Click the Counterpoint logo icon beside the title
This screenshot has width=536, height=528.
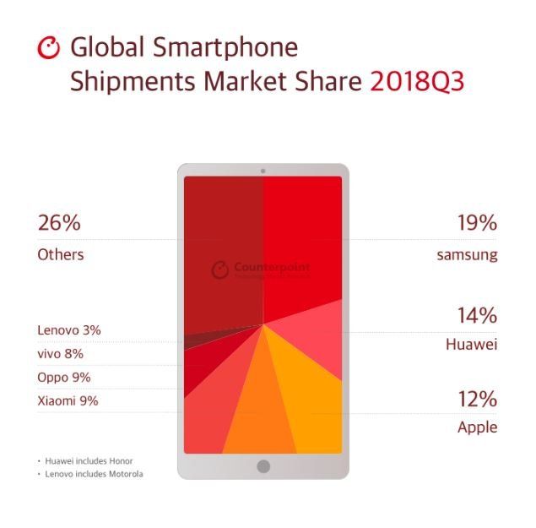(50, 47)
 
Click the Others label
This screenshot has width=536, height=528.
(61, 254)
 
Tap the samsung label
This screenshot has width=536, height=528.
(467, 254)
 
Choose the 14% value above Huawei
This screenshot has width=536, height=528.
(477, 316)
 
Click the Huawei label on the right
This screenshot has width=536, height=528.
(471, 345)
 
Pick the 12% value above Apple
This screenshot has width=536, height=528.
(477, 399)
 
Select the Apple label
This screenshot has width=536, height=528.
(477, 427)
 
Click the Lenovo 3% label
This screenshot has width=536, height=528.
(69, 330)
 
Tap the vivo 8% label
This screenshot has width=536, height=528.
(61, 354)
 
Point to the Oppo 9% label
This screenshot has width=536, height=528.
(64, 378)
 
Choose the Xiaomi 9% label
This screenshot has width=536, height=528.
(68, 401)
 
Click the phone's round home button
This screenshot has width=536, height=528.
(263, 466)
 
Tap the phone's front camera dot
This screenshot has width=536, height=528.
(263, 171)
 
